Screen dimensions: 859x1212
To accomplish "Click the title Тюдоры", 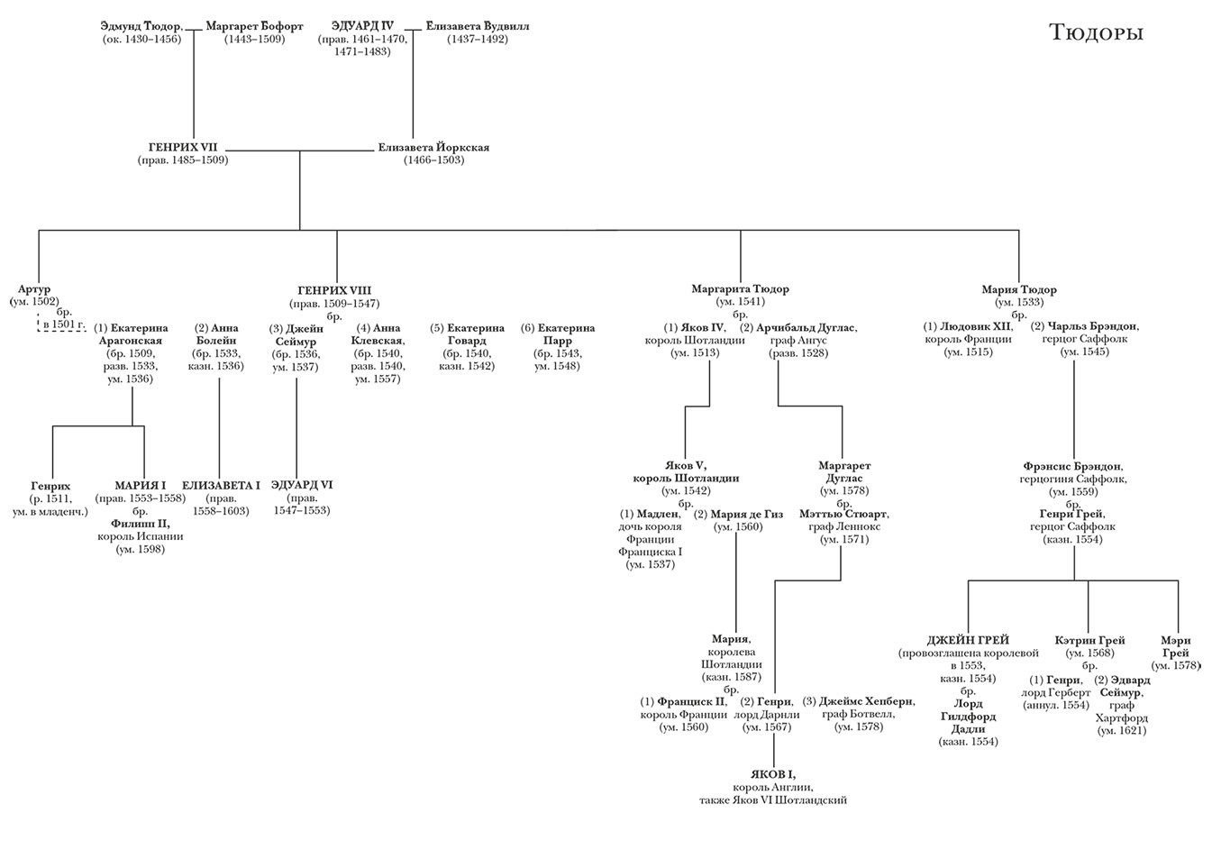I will click(x=1096, y=33).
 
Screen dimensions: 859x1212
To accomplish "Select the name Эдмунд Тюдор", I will click(x=141, y=26).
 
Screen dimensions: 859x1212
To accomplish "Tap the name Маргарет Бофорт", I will click(x=254, y=26).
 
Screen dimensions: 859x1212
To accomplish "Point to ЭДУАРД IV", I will click(x=362, y=26).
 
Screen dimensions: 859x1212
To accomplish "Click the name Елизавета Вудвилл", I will click(x=478, y=26).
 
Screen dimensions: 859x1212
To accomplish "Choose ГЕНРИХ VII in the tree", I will click(x=183, y=147).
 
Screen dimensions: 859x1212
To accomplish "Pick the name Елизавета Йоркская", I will click(x=433, y=147).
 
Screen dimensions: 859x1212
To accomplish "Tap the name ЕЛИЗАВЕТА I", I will click(x=221, y=485).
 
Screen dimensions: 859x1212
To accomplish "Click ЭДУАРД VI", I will click(x=302, y=485).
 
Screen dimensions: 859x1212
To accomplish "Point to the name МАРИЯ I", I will click(x=141, y=485).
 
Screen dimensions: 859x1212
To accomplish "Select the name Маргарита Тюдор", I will click(x=740, y=289).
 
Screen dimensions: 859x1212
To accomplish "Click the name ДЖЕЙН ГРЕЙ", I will click(x=968, y=640).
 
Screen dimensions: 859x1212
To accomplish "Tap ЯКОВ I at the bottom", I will click(x=773, y=774).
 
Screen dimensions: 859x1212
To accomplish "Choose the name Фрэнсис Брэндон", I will click(x=1072, y=466).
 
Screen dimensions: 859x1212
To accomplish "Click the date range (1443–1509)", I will click(x=254, y=40).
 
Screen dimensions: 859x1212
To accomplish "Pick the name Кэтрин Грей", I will click(x=1089, y=640).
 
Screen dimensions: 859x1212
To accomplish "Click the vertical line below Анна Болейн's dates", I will click(x=219, y=424).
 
